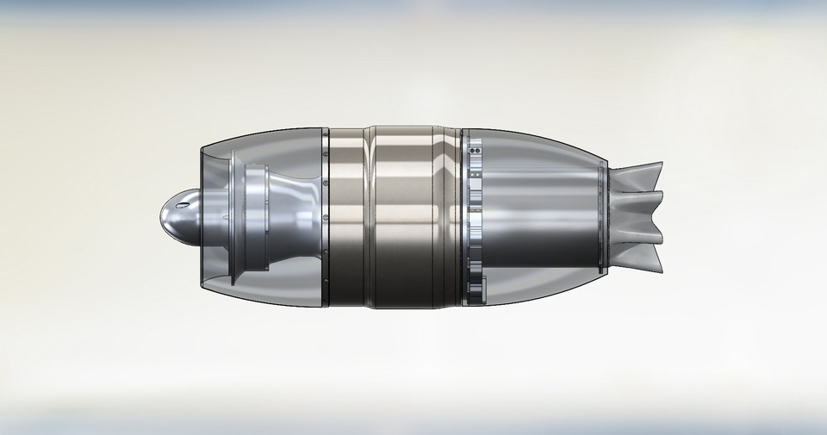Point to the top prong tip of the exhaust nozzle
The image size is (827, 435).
point(662,165)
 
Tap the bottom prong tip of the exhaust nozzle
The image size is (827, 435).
point(662,269)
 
